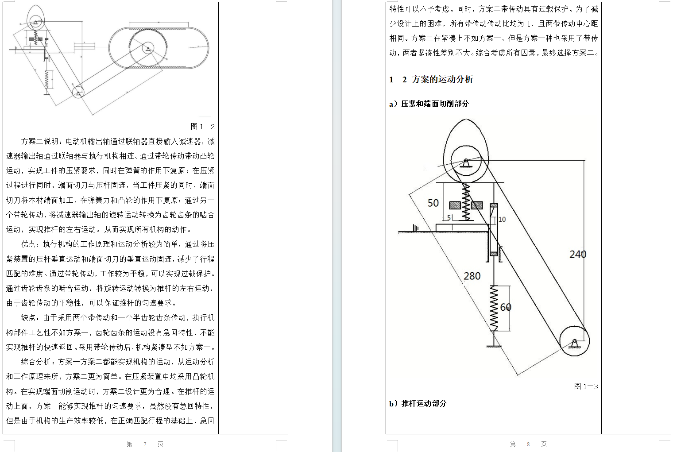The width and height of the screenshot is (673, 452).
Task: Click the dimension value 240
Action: point(577,254)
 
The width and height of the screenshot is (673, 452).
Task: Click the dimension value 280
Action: point(472,276)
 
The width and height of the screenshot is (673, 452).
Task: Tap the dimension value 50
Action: point(433,203)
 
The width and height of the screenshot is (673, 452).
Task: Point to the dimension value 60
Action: point(505,307)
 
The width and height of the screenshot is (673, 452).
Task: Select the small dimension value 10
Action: point(502,220)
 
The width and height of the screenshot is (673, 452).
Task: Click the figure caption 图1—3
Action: point(586,386)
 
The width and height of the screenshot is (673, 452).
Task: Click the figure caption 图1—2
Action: point(202,127)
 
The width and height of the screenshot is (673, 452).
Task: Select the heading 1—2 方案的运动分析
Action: point(431,80)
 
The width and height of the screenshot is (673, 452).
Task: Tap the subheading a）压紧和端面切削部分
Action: point(429,104)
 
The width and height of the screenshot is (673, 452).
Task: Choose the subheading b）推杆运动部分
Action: point(418,404)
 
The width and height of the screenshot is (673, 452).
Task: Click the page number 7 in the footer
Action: point(145,444)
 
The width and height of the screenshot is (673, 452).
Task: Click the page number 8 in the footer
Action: point(528,444)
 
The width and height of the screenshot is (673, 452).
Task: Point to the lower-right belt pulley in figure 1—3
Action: point(574,341)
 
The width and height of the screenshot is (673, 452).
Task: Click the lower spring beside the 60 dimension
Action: point(494,307)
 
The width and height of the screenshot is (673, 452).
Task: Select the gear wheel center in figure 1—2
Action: point(148,48)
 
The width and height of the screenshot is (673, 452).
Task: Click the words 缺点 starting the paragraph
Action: point(28,318)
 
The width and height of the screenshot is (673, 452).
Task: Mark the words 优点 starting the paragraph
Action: point(28,244)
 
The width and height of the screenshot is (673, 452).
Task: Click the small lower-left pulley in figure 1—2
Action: point(78,92)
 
